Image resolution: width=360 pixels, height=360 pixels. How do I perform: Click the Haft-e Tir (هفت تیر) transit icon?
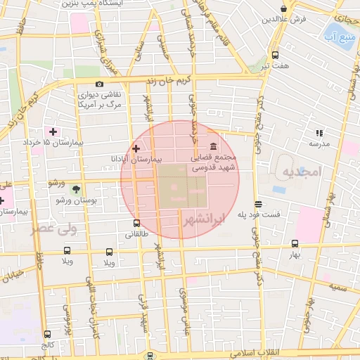(274, 54)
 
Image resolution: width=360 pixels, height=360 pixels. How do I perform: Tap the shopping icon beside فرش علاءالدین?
(283, 9)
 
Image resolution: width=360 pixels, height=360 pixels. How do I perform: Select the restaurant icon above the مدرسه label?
(319, 132)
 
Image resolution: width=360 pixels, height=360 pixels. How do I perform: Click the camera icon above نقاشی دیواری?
(99, 84)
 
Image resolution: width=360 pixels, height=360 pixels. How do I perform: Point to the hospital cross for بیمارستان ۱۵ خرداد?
(53, 131)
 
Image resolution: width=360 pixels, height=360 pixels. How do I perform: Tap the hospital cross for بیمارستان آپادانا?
(136, 148)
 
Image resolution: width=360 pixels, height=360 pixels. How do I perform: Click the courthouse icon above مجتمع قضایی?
(213, 146)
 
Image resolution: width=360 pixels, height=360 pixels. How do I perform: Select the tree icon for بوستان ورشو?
(76, 189)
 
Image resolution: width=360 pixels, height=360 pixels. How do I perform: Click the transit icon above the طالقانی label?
(136, 224)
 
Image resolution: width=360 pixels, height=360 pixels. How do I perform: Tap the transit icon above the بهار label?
(295, 243)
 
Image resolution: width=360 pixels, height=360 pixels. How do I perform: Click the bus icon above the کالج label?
(47, 334)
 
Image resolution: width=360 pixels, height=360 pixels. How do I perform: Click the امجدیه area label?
(302, 171)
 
